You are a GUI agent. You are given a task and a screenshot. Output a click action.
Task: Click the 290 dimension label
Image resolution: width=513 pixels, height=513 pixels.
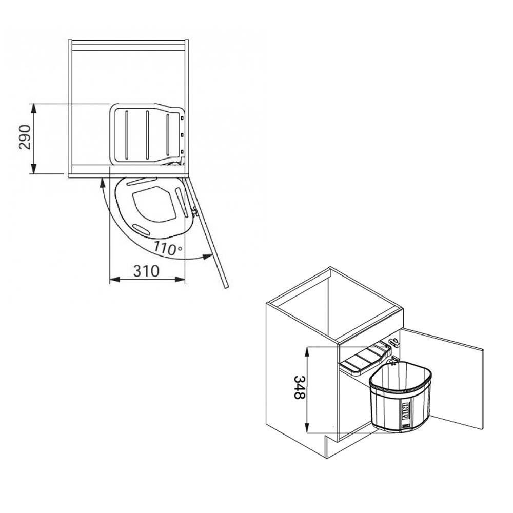point(25,137)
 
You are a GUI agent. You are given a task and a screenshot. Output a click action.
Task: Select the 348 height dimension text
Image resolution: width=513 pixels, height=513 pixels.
point(300,387)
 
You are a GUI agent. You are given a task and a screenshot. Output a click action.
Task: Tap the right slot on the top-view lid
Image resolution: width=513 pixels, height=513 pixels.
point(168,133)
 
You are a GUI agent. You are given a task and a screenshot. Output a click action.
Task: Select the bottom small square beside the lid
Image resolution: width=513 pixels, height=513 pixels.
point(182,151)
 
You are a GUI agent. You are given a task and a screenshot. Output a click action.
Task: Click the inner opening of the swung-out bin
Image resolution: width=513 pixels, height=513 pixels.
point(154,204)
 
